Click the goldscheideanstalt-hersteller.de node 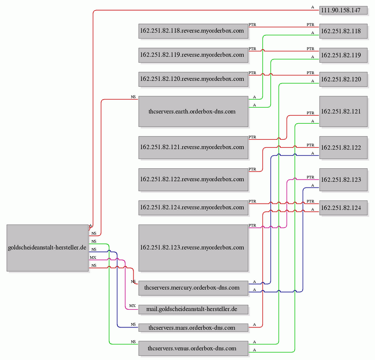48,248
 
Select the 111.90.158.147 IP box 343,10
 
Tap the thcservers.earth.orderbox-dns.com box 193,111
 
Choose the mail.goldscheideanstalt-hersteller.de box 193,309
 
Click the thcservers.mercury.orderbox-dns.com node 193,288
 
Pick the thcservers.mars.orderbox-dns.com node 193,328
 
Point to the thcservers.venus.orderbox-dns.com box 193,348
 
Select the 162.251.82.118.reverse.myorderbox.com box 193,31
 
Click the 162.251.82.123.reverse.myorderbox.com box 193,248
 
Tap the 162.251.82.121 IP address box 343,111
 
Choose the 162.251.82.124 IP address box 343,208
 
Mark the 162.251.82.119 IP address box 343,55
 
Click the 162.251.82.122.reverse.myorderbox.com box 193,179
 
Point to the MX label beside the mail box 132,306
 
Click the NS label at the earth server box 133,97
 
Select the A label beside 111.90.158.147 312,7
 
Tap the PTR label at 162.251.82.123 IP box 310,177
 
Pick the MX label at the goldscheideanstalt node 93,258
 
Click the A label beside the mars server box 254,325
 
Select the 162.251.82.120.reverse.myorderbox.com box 193,79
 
